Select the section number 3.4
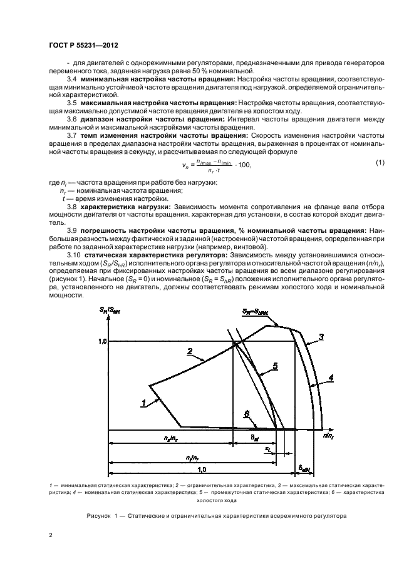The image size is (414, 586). (x=72, y=80)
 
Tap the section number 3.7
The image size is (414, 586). (x=72, y=134)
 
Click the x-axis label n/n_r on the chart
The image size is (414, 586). (x=329, y=434)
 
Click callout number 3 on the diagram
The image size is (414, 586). (x=321, y=337)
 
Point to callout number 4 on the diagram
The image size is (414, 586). (x=331, y=377)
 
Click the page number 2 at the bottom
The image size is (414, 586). (x=49, y=535)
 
